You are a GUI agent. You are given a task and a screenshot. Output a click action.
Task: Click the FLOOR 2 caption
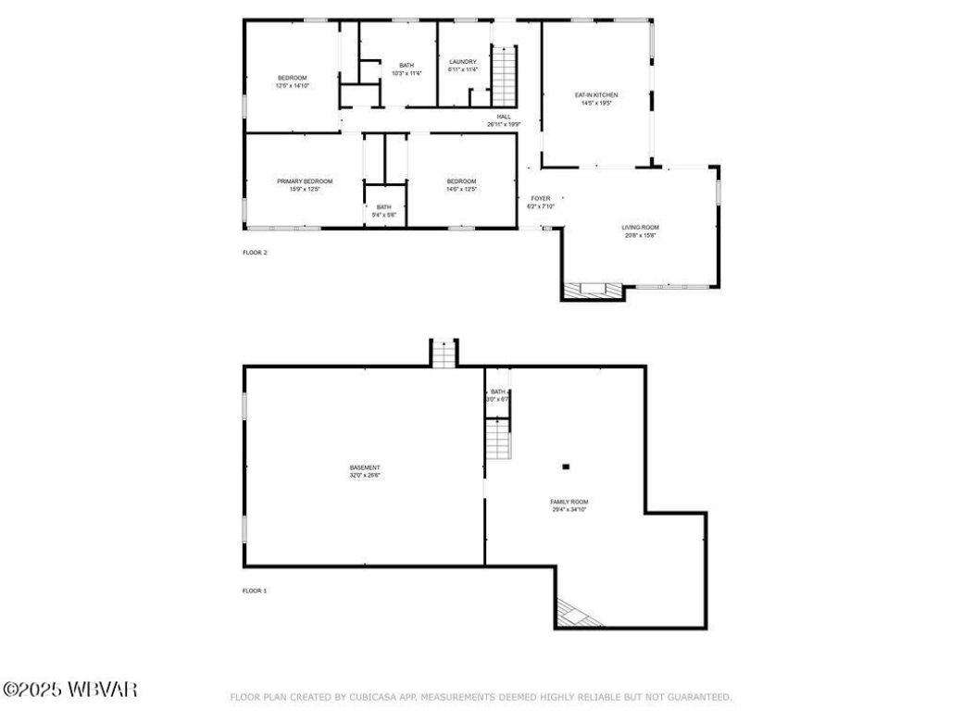tap(255, 252)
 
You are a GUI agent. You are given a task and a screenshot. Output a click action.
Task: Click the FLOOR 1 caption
tap(255, 590)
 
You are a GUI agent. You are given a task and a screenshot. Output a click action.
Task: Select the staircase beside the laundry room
tap(503, 77)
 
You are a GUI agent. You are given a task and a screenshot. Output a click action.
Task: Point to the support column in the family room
tap(566, 467)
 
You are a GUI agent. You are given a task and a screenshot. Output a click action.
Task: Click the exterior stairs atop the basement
tap(444, 354)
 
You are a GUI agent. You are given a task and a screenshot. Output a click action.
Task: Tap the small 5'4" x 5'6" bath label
tap(383, 210)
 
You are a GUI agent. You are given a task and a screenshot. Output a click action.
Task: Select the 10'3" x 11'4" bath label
tap(406, 69)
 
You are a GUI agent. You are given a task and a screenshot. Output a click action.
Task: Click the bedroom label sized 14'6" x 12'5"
tap(461, 185)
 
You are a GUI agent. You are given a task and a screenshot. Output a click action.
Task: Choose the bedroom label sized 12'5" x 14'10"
tap(292, 81)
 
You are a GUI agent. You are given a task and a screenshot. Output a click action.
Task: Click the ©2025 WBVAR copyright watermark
tap(70, 690)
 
